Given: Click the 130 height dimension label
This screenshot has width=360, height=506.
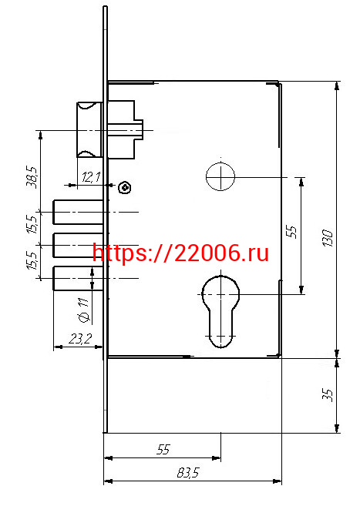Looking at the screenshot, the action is tap(328, 238).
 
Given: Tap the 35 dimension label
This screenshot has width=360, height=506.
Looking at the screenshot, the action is tap(328, 394).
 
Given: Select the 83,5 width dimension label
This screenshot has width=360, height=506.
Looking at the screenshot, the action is tap(188, 473).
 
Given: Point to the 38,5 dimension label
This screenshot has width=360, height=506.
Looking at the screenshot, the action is tap(32, 177).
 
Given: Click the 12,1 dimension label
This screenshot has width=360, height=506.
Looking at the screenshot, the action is tap(92, 177).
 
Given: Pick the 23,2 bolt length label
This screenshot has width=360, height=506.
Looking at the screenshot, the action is tap(80, 339).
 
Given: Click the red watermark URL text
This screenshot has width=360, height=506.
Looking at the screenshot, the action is tap(181, 253).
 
